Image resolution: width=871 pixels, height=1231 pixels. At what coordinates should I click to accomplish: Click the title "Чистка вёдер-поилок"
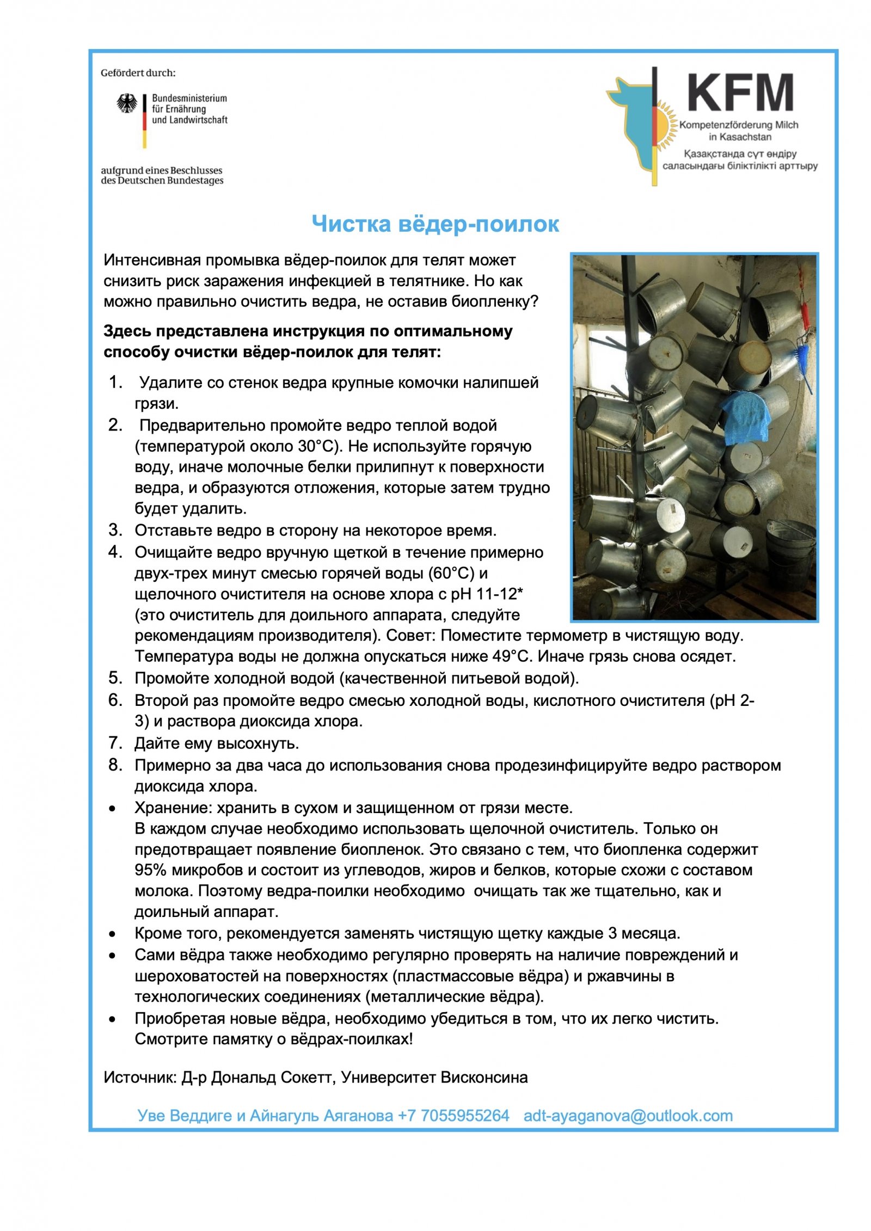point(435,224)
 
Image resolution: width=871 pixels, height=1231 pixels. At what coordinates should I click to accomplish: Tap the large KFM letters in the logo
point(740,93)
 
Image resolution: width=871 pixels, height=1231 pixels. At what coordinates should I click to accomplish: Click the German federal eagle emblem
point(127,103)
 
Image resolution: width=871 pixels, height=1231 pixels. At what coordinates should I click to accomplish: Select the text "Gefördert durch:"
point(138,73)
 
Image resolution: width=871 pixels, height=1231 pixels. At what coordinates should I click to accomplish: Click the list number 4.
point(115,552)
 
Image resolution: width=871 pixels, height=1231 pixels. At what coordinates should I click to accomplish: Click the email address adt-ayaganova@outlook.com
point(628,1116)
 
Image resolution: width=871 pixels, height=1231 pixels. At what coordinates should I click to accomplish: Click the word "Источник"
point(139,1078)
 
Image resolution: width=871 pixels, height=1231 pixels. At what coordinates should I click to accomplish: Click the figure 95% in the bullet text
point(150,870)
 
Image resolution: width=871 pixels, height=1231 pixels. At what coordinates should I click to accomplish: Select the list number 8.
point(115,765)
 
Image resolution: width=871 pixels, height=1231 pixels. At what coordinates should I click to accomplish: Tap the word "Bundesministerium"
point(189,99)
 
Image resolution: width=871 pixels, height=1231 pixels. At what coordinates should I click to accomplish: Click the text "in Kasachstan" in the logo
point(740,137)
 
